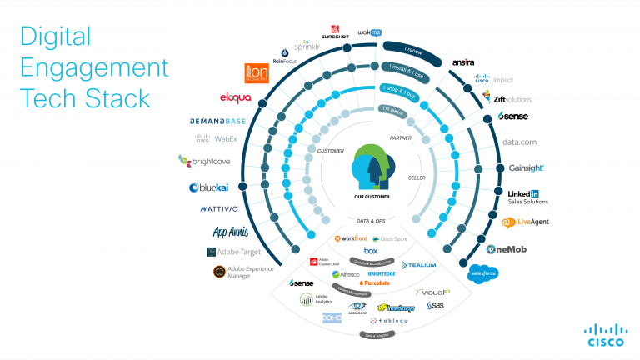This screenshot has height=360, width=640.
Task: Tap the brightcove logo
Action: point(202,160)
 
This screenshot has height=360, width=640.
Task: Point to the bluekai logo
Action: point(210,187)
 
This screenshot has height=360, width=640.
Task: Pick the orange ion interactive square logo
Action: point(256,73)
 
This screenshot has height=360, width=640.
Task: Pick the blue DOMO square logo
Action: point(332,317)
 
